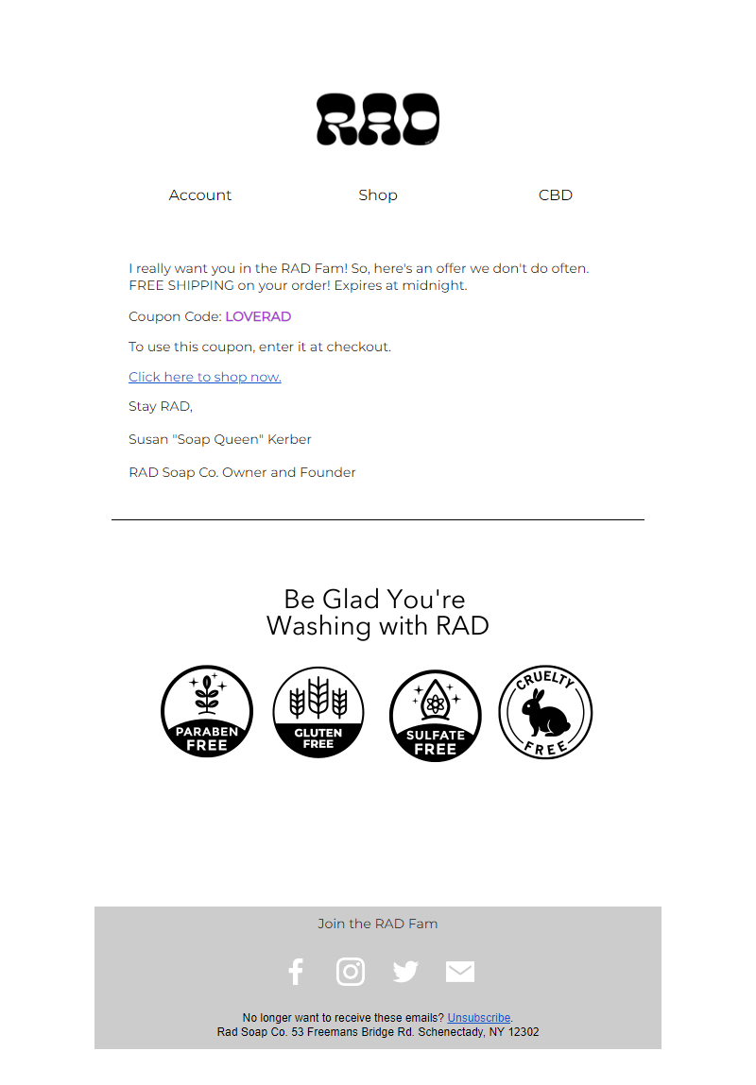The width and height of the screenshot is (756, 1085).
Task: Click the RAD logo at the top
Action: tap(378, 119)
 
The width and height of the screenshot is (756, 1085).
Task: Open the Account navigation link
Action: tap(199, 195)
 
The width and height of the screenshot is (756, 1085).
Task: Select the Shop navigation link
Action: tap(378, 195)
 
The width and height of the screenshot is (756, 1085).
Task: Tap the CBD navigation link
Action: tap(556, 195)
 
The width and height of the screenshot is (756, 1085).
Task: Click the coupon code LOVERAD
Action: tap(258, 317)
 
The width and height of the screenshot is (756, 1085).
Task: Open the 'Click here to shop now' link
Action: tap(205, 377)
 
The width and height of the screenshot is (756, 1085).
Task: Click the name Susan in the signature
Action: tap(147, 439)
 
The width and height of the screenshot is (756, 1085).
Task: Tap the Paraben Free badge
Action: tap(207, 711)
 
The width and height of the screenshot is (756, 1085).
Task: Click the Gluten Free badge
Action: tap(318, 711)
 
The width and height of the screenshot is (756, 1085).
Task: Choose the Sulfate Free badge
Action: tap(435, 715)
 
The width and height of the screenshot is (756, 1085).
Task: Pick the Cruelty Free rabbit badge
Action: tap(545, 711)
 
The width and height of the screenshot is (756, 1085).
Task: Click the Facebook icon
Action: tap(296, 972)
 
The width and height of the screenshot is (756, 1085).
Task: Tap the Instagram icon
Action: tap(351, 972)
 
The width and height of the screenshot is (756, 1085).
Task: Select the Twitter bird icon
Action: tap(405, 972)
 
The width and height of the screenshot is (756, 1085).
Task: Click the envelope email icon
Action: tap(460, 972)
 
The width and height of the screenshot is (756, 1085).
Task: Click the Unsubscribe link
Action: tap(479, 1018)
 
